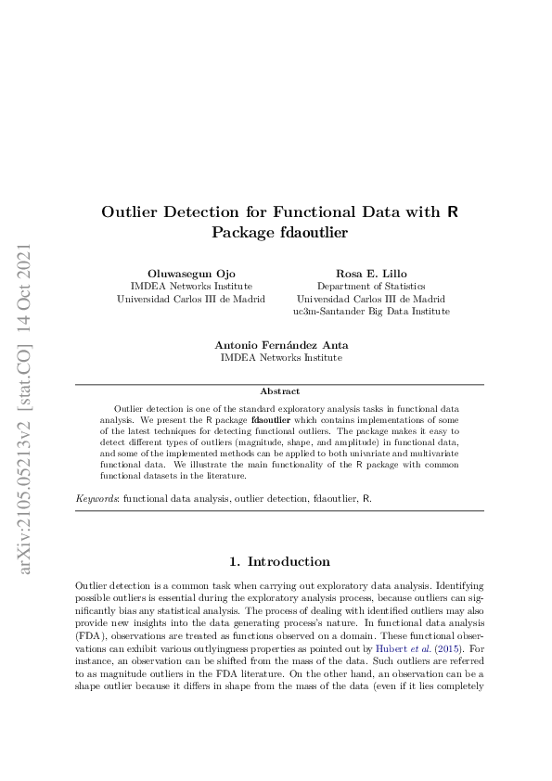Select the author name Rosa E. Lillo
(370, 275)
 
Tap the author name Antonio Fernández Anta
(280, 344)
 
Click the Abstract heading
(279, 391)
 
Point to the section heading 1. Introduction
(279, 561)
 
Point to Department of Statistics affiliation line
(370, 288)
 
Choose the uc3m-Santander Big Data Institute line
(370, 312)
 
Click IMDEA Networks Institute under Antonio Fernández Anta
(280, 357)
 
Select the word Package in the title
(243, 233)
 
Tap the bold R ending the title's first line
(452, 212)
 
